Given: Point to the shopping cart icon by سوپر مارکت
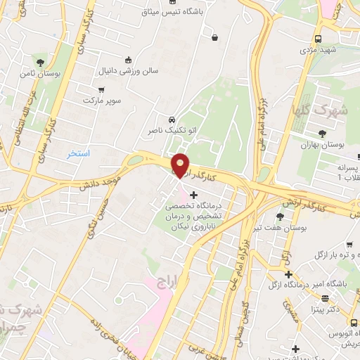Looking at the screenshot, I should pyautogui.click(x=102, y=90).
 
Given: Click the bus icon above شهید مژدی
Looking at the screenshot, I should pyautogui.click(x=319, y=39).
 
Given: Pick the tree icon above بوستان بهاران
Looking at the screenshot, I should pyautogui.click(x=323, y=133).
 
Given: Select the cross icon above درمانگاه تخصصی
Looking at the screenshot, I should pyautogui.click(x=194, y=194).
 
